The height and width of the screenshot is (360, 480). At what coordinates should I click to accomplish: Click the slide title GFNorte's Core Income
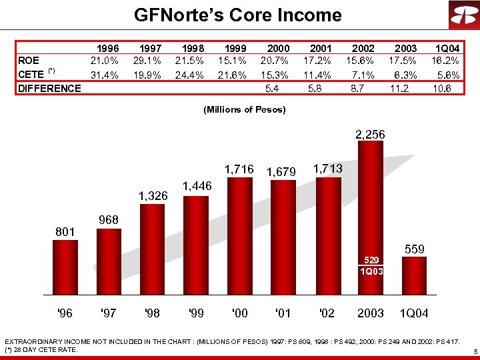point(237,15)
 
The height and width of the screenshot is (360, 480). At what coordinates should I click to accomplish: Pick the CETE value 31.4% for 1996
point(105,74)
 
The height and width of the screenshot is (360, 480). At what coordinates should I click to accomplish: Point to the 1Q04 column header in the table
point(447,48)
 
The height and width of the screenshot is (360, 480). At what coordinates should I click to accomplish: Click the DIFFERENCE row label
point(49,88)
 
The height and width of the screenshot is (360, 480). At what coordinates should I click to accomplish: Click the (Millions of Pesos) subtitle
point(244,109)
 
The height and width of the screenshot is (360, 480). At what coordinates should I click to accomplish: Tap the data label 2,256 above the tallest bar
point(370,135)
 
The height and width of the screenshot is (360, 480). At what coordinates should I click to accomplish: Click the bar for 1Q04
point(414,275)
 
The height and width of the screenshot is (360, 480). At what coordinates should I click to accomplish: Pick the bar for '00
point(239,237)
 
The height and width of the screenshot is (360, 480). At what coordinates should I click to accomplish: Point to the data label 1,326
point(153,196)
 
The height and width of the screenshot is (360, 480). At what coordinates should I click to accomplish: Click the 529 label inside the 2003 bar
point(370,259)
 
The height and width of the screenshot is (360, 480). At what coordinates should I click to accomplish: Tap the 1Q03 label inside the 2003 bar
point(370,271)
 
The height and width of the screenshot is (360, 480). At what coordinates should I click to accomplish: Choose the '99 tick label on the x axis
point(195,313)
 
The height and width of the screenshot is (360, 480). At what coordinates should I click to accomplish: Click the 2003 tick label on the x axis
point(370,313)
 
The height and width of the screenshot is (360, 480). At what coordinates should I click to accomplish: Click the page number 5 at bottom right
point(473,351)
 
